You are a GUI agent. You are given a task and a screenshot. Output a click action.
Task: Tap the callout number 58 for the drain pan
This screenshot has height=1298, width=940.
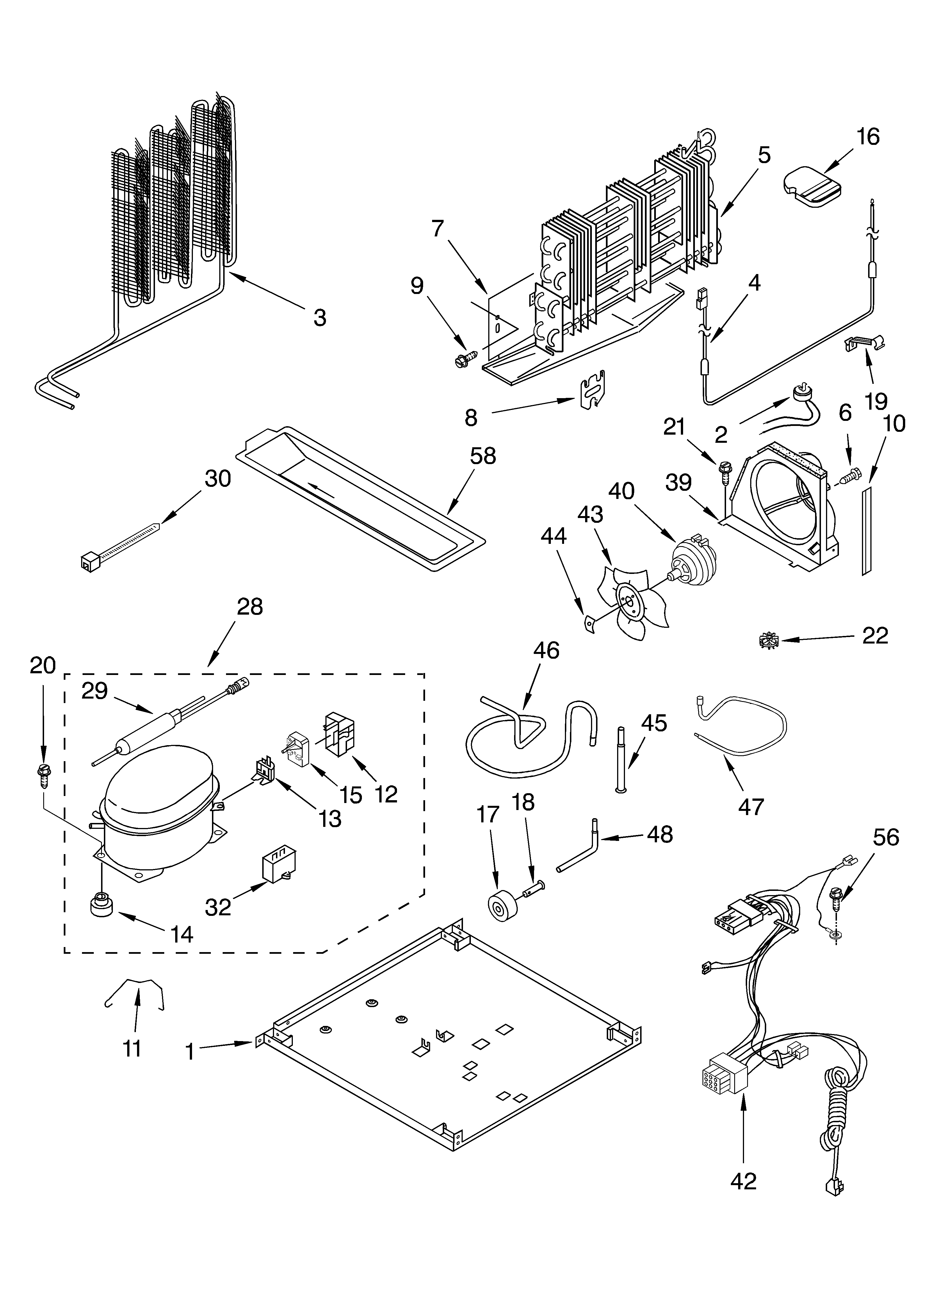point(483,456)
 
